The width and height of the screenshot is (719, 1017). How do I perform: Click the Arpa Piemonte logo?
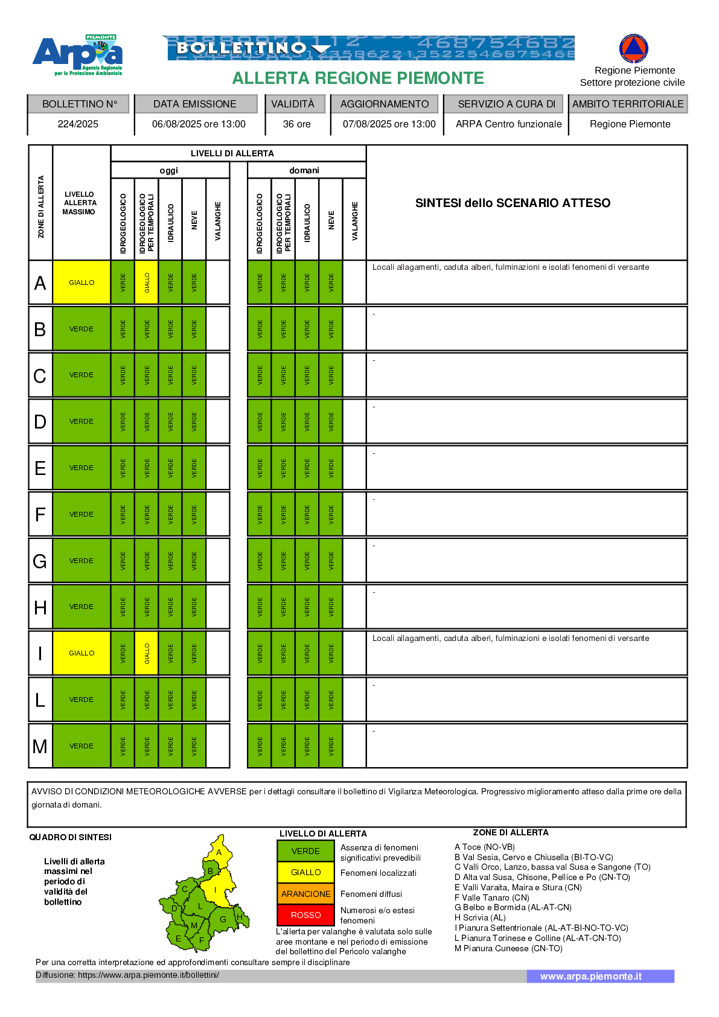point(78,54)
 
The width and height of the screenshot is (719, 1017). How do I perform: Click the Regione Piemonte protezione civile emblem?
point(633,48)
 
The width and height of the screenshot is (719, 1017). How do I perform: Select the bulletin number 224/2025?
point(78,124)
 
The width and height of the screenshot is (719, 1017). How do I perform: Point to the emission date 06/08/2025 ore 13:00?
point(199,124)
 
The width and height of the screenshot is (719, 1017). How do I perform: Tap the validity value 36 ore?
point(296,124)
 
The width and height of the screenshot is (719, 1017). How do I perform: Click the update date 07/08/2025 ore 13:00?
point(389,124)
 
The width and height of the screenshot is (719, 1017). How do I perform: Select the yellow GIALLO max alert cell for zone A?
point(81,282)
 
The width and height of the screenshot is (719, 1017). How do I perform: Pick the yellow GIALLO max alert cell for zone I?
point(81,653)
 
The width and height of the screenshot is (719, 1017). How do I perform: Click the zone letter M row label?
point(40,747)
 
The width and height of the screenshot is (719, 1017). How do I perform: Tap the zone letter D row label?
point(40,421)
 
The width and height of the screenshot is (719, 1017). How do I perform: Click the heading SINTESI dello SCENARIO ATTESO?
point(513,203)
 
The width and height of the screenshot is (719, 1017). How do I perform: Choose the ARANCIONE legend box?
point(305,894)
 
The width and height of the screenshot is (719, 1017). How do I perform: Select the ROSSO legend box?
point(305,915)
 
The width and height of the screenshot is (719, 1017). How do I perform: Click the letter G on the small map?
point(223,919)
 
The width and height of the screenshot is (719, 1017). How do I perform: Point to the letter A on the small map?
point(219,852)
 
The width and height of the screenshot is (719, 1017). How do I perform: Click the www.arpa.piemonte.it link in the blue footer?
point(590,976)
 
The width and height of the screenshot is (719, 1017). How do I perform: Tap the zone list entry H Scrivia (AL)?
point(480,917)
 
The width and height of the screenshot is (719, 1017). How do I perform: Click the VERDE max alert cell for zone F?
point(81,514)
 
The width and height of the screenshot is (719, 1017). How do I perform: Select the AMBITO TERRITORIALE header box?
point(628,104)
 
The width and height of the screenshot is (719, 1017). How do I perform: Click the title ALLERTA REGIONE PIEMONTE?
point(358,78)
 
